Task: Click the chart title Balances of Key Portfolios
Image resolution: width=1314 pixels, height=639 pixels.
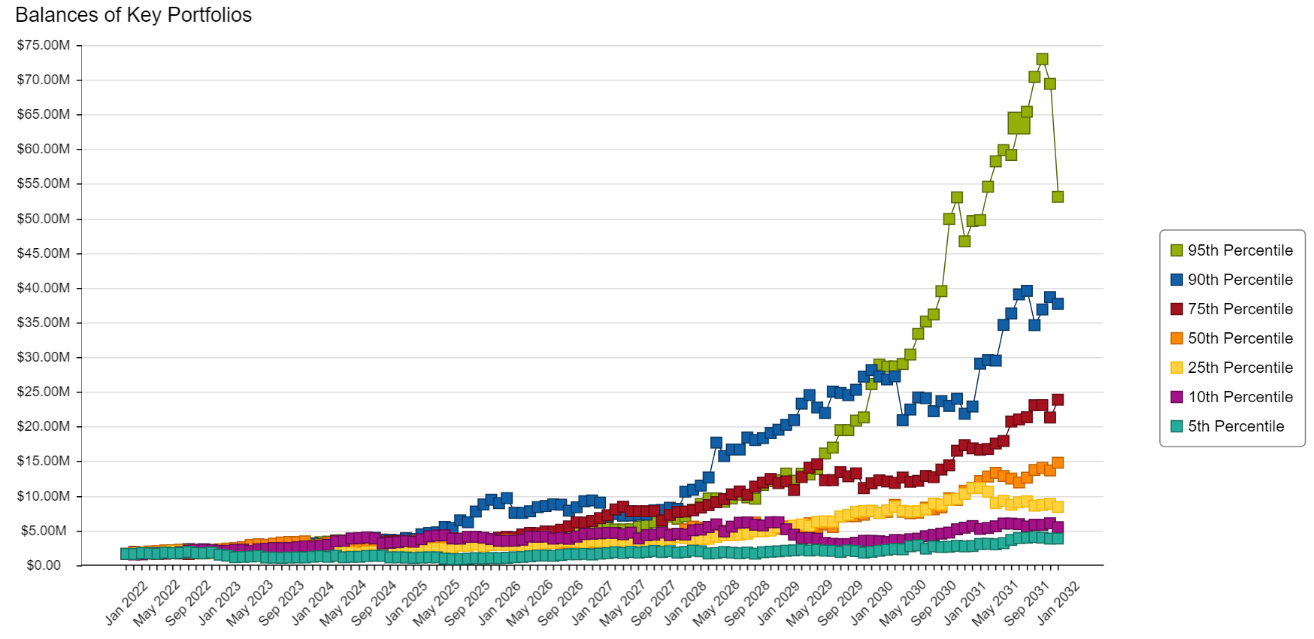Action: (x=133, y=15)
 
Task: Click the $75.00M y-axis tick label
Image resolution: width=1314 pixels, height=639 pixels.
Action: (x=44, y=45)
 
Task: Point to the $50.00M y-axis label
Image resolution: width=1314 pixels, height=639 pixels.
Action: (x=44, y=219)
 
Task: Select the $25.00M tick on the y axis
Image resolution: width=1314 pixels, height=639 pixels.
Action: (x=44, y=392)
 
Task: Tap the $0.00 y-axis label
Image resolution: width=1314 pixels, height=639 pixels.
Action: (x=44, y=565)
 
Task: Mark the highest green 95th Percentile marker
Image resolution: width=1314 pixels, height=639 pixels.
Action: (x=1042, y=59)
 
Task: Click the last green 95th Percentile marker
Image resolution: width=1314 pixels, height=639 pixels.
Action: (x=1058, y=197)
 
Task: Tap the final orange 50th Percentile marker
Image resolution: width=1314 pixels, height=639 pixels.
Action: (x=1058, y=463)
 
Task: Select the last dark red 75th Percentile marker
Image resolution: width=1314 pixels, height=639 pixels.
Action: (x=1058, y=400)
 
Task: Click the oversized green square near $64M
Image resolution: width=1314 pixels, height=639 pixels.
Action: (x=1019, y=123)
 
